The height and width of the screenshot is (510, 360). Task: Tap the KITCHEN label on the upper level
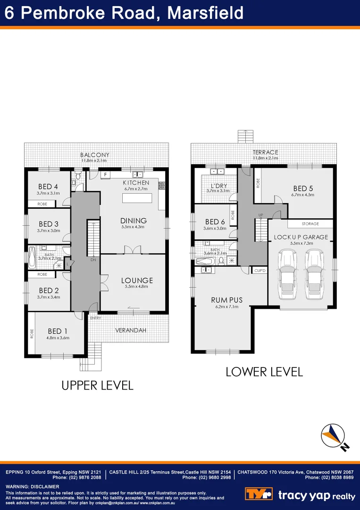click(x=136, y=183)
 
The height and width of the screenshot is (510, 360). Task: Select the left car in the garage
click(x=287, y=275)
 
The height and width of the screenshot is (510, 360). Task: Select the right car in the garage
click(x=315, y=275)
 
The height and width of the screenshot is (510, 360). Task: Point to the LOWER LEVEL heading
click(x=264, y=372)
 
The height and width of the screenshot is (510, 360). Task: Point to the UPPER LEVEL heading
click(x=98, y=385)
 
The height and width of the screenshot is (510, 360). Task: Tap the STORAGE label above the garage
click(x=310, y=224)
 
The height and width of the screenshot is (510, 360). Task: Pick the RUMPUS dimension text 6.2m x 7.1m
click(x=226, y=307)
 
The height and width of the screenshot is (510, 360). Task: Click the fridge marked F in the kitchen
click(x=106, y=175)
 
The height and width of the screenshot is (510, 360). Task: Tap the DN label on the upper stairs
click(x=93, y=260)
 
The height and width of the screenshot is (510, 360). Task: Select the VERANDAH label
click(x=131, y=330)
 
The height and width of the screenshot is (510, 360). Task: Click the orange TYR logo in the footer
click(x=259, y=494)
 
